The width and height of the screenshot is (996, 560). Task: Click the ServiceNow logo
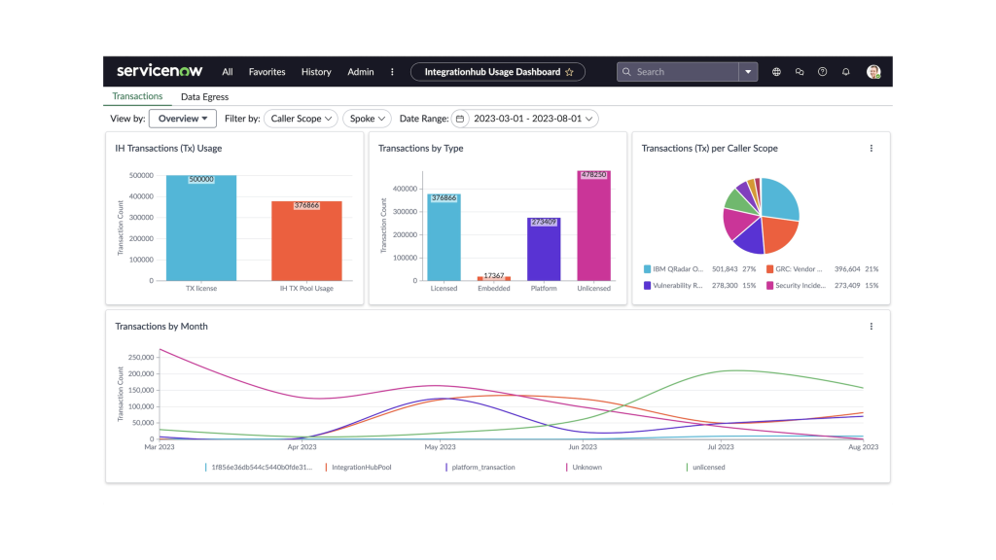pos(160,71)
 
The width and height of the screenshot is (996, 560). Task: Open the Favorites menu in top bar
pos(267,72)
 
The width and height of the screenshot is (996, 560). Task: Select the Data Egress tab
pos(204,97)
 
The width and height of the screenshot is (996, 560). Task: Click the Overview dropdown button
pos(183,119)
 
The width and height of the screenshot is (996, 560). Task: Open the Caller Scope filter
pos(302,119)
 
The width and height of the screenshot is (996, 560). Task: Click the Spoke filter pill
pos(368,119)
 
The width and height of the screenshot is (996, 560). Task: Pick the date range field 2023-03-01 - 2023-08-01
pos(526,119)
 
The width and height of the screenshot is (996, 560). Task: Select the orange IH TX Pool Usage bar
pos(306,243)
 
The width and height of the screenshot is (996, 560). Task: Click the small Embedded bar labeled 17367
pos(494,278)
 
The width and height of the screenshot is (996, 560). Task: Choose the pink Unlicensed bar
pos(593,228)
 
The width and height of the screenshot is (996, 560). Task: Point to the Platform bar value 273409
pos(544,222)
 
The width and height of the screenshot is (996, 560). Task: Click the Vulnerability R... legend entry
pos(671,286)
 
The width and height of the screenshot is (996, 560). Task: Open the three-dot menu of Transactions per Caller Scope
pos(871,149)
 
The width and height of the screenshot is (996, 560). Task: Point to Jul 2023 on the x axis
pos(720,447)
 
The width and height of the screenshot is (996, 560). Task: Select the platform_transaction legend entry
pos(482,468)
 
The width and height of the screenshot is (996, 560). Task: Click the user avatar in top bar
pos(873,72)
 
